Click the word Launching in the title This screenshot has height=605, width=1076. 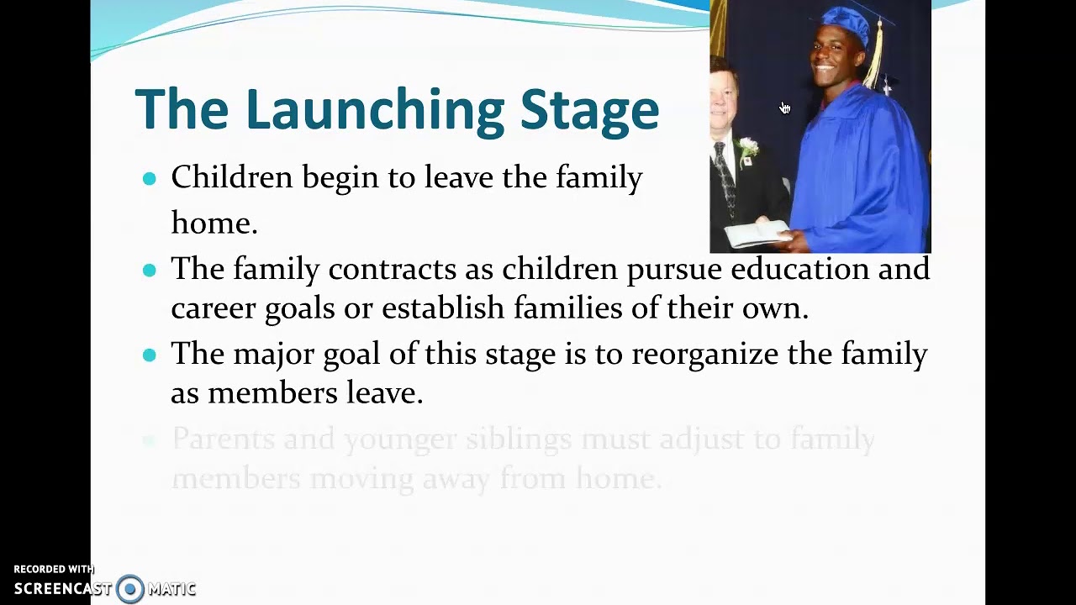pyautogui.click(x=375, y=110)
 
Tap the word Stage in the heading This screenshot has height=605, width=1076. pyautogui.click(x=589, y=110)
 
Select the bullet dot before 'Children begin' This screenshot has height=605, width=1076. pyautogui.click(x=150, y=178)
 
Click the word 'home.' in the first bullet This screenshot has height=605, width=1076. pyautogui.click(x=214, y=223)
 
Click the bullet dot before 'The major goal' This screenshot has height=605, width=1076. pyautogui.click(x=150, y=355)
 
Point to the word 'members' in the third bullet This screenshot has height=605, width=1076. pyautogui.click(x=273, y=392)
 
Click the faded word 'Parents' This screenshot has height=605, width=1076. pyautogui.click(x=223, y=439)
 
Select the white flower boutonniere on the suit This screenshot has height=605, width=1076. pyautogui.click(x=746, y=150)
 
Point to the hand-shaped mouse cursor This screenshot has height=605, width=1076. pyautogui.click(x=784, y=108)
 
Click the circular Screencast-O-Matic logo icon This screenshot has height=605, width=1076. pyautogui.click(x=130, y=588)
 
